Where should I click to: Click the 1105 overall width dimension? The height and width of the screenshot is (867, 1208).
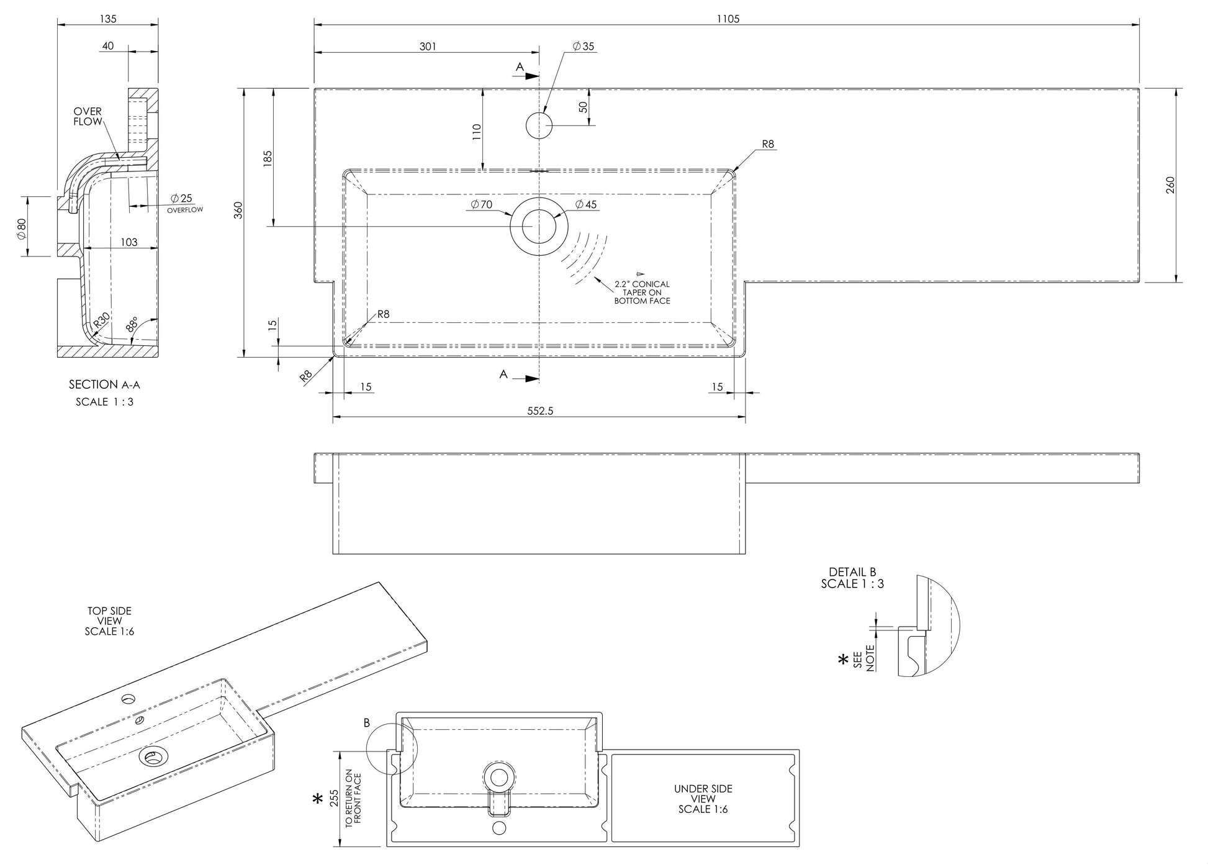pos(728,19)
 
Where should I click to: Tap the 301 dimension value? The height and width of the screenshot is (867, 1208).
pos(428,47)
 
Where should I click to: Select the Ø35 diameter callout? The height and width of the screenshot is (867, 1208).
pos(584,47)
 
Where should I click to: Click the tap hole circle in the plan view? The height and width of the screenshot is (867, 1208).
pos(539,125)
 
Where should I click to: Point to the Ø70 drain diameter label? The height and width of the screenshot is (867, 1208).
pos(482,205)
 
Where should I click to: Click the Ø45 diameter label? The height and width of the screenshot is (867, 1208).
pos(586,205)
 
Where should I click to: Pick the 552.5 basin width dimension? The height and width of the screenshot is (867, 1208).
pos(540,411)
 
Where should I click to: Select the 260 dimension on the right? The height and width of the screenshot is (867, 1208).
pos(1171,185)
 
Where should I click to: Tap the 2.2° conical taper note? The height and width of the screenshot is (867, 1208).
pos(642,293)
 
